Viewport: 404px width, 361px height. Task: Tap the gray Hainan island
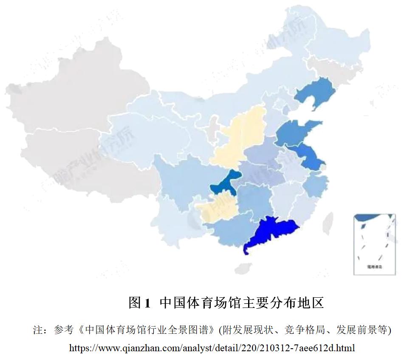coord(243,268)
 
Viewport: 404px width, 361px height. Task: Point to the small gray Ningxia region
coord(212,132)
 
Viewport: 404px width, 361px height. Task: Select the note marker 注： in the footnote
coord(42,330)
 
